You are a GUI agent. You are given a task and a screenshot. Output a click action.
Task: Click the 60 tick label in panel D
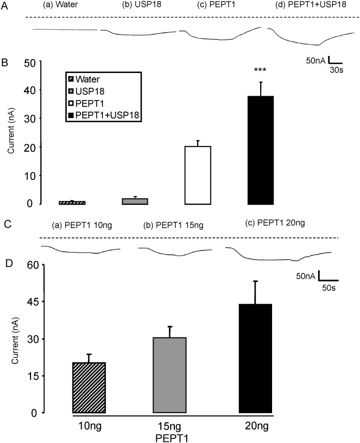point(33,265)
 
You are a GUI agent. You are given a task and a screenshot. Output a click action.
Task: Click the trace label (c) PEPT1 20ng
point(272,224)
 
